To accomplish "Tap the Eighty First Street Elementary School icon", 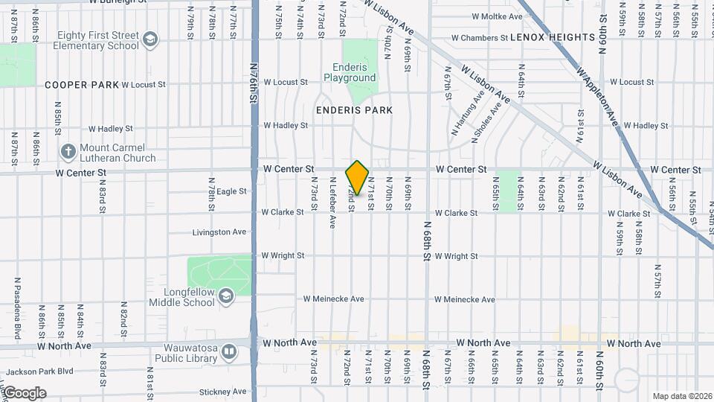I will (150, 39).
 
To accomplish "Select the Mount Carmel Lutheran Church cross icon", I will (68, 153).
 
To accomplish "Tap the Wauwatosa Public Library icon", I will (230, 351).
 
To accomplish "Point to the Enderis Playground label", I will (350, 72).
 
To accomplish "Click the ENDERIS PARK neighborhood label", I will (354, 110).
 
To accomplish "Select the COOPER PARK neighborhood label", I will (82, 85).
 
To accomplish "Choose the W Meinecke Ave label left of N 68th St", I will (333, 299).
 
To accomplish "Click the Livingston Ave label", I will (219, 232).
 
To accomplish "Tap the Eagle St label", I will (231, 191).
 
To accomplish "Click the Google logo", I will (24, 393).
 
